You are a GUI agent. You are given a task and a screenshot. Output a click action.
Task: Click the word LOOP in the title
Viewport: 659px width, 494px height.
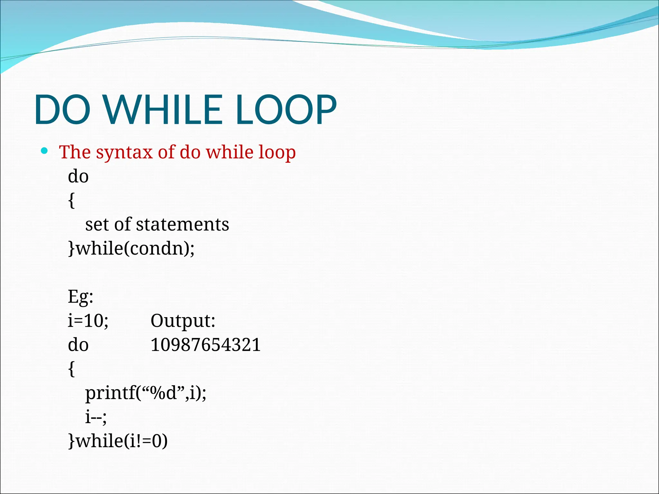coord(286,110)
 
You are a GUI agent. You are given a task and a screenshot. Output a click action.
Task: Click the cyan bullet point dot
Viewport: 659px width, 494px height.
coord(45,151)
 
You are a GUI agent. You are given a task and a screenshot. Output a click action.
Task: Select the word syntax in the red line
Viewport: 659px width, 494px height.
coord(124,152)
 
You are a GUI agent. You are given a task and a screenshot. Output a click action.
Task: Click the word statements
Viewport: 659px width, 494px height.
coord(182,224)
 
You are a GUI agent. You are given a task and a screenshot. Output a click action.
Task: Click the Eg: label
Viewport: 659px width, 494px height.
coord(80,297)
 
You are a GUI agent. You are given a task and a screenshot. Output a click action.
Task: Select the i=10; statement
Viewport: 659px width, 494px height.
coord(88,321)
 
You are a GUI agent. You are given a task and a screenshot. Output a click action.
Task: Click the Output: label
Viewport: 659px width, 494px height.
coord(183,321)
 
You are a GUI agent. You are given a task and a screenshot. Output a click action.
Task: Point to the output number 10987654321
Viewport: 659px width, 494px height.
coord(205,345)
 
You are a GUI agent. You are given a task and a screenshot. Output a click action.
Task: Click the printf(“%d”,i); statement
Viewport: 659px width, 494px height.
coord(145,393)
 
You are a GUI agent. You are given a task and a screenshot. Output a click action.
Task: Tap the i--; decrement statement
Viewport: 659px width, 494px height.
coord(96,417)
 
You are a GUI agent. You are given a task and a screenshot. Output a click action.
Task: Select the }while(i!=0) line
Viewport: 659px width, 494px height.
coord(118,441)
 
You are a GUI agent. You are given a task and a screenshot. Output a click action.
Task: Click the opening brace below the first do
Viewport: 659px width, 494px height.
coord(71,201)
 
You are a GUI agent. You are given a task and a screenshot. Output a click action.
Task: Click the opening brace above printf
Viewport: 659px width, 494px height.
coord(71,369)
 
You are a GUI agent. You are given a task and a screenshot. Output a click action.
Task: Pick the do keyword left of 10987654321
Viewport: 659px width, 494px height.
coord(78,345)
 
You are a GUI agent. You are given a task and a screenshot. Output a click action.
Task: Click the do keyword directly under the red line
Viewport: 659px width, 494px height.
coord(78,177)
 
